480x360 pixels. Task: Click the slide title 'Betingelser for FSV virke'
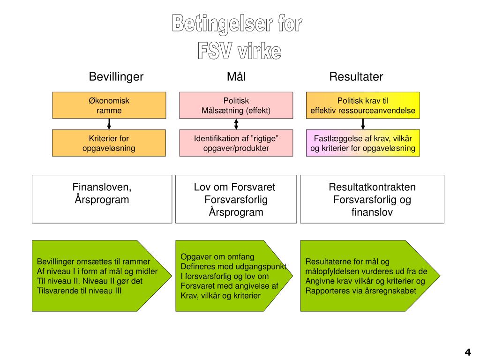tap(237, 37)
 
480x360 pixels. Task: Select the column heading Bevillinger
tap(116, 76)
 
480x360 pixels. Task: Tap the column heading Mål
tap(236, 76)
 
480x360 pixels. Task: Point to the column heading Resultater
tap(356, 76)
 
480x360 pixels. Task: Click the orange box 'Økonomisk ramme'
tap(109, 105)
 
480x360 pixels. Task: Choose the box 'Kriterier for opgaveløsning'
tap(109, 143)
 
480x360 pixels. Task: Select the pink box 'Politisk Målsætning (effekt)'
tap(236, 105)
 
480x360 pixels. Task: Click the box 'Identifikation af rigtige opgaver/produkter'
tap(236, 143)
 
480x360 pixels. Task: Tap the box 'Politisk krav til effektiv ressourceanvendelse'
tap(363, 105)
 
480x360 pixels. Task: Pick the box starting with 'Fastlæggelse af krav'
tap(363, 143)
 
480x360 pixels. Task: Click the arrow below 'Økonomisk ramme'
tap(109, 124)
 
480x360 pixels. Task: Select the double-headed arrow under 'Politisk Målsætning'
tap(236, 124)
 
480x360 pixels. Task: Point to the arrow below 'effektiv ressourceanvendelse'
tap(363, 124)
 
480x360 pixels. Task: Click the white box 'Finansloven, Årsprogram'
tap(102, 199)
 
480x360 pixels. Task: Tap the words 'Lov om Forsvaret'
tap(234, 187)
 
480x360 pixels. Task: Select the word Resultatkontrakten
tap(372, 187)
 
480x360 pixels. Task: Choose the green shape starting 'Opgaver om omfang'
tap(230, 276)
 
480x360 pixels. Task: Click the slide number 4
tap(467, 352)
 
